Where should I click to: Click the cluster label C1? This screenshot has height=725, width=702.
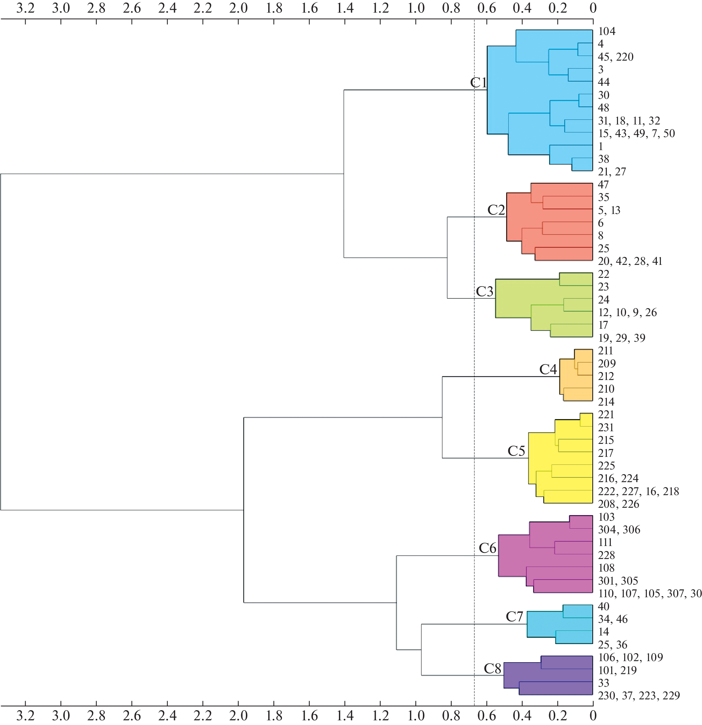point(478,83)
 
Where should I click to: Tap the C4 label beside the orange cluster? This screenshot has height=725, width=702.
point(548,369)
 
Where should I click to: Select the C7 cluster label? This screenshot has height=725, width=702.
point(514,617)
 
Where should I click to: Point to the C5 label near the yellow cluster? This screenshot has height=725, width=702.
point(516,451)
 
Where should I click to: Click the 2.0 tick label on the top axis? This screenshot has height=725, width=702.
point(238,8)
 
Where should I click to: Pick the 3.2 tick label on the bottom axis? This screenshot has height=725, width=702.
point(25,716)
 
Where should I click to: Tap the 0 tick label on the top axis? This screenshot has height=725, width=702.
point(593,8)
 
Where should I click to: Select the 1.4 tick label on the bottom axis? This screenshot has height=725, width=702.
point(345,716)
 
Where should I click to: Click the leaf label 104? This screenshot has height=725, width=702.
point(607,31)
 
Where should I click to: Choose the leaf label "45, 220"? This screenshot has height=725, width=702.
point(615,57)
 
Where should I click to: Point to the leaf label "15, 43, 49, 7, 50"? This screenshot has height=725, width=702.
point(636,134)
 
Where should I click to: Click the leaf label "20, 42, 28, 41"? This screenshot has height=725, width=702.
point(630,261)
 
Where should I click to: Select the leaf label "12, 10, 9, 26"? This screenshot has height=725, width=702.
point(627,313)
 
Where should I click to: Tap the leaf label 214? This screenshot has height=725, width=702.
point(606,402)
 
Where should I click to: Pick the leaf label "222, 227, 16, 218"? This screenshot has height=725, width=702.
point(639,491)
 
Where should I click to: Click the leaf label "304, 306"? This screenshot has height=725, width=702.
point(619,530)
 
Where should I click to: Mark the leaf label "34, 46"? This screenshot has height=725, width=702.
point(613,619)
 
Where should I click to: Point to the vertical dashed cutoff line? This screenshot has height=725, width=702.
point(474,370)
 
